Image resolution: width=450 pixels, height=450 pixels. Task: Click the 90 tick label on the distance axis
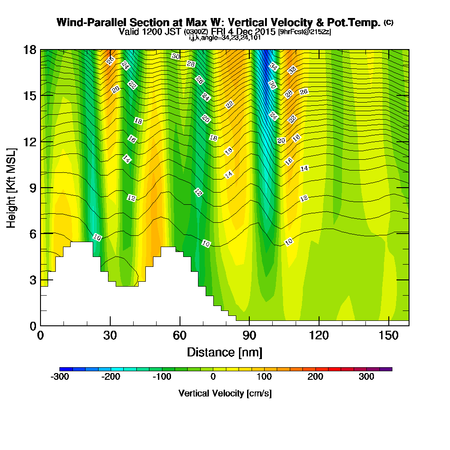249,335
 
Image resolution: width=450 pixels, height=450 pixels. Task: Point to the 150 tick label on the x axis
389,335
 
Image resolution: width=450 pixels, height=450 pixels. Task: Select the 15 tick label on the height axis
30,96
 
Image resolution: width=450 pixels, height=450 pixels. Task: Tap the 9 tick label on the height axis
33,188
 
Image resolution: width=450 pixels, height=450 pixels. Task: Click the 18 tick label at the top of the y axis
30,50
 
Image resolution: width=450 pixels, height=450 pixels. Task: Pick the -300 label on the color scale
60,377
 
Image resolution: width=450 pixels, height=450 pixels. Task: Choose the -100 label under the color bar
162,377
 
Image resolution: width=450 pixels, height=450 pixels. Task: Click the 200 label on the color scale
315,377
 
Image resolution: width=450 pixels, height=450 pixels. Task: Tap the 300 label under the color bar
366,377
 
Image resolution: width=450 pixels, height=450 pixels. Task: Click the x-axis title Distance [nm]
225,352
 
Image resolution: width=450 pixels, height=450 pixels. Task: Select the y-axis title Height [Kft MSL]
11,188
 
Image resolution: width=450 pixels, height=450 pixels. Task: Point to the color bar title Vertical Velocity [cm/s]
225,393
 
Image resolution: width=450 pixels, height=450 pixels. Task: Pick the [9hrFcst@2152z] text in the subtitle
305,31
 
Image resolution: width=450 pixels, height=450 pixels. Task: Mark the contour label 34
274,67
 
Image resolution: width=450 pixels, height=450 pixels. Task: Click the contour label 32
292,70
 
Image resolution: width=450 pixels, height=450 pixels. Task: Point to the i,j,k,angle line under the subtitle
225,38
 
